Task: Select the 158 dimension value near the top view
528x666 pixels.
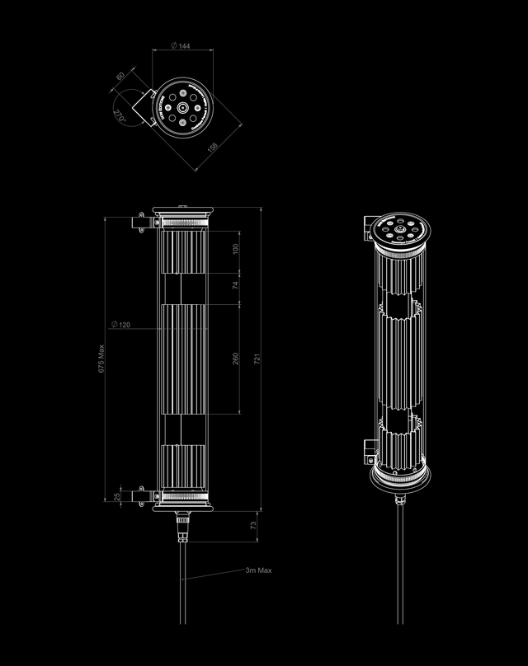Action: pos(212,148)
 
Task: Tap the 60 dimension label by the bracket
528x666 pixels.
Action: pos(121,76)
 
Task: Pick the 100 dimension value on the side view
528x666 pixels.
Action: pos(235,249)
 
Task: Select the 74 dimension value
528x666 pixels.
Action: pos(235,286)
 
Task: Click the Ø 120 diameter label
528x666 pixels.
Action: pos(120,325)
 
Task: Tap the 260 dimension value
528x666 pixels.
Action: pos(235,359)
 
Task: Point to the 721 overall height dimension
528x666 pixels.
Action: pos(257,360)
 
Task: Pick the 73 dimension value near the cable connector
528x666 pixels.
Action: pos(252,524)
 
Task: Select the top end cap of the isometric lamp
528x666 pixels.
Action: pos(400,231)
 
